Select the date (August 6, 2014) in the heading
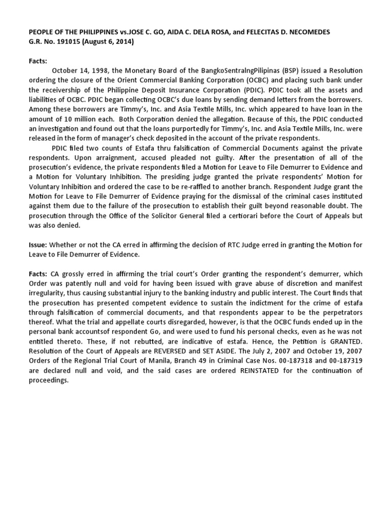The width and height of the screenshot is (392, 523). (x=108, y=41)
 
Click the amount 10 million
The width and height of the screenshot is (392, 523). (x=73, y=118)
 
